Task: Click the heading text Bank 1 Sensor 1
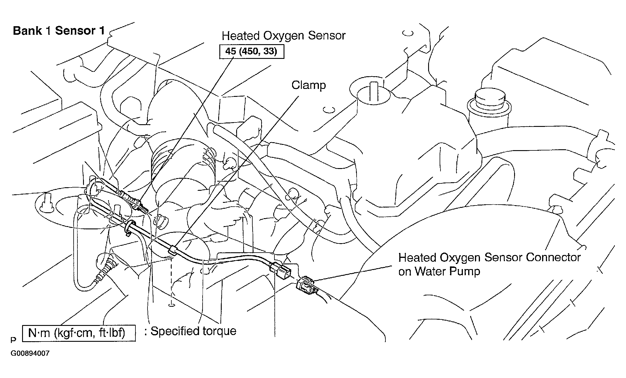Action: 59,31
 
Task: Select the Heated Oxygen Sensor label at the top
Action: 283,36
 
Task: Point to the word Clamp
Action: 309,85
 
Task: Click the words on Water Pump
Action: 439,271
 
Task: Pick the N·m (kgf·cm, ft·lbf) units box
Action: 79,333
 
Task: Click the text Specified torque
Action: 193,331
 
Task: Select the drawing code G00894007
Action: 30,353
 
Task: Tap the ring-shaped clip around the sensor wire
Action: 129,227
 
